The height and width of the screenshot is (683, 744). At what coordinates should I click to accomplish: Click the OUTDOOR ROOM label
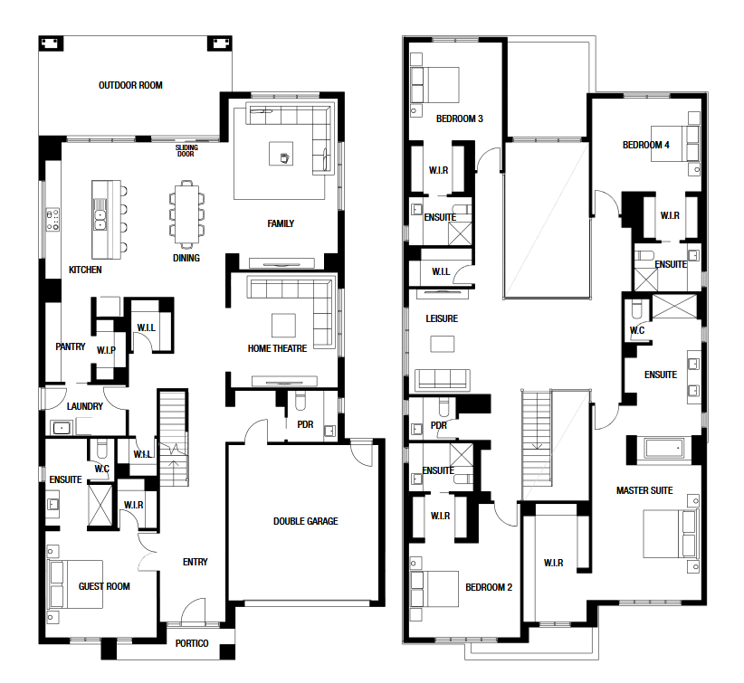(x=130, y=85)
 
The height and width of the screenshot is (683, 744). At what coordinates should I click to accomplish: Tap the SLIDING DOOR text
(x=186, y=151)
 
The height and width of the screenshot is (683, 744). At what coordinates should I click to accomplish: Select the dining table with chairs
(x=187, y=214)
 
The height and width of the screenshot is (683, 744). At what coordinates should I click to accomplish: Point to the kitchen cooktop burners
(x=52, y=220)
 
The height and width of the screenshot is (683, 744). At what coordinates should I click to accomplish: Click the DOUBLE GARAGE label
(x=306, y=521)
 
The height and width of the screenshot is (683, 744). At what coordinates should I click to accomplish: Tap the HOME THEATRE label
(x=277, y=348)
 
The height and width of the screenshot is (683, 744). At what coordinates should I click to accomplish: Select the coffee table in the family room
(x=281, y=154)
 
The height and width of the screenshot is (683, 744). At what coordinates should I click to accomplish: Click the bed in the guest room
(x=76, y=584)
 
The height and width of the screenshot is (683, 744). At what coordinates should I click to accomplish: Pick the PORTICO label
(x=192, y=643)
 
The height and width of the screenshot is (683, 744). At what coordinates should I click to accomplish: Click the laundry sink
(x=62, y=428)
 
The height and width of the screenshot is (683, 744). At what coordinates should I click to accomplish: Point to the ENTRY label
(x=195, y=562)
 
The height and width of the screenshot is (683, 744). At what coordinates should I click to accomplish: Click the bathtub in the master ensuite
(x=663, y=448)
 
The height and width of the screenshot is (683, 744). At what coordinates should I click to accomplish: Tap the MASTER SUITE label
(x=644, y=490)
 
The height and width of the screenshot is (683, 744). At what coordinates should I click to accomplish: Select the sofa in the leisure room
(x=443, y=380)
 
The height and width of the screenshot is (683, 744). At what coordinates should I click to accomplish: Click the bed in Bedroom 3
(x=435, y=85)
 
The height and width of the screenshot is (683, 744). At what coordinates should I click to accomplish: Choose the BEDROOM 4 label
(x=645, y=145)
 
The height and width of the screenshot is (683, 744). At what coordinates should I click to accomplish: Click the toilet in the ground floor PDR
(x=300, y=402)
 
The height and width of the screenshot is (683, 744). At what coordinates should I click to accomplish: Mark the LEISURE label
(x=442, y=318)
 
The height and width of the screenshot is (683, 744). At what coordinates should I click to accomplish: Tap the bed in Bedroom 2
(x=435, y=589)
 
